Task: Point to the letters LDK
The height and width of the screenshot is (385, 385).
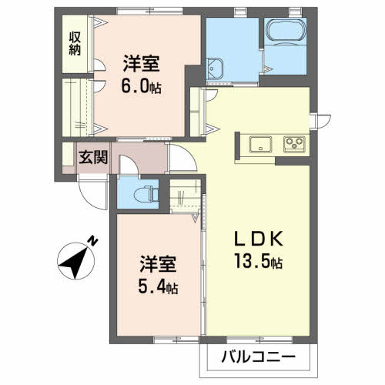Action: tap(258, 239)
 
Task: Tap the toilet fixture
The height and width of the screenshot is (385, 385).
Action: tap(141, 193)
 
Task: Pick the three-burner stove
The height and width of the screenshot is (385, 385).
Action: tap(294, 142)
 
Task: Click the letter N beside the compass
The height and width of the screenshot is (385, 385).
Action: tap(92, 241)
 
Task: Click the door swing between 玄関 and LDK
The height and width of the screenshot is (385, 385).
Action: tap(182, 159)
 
